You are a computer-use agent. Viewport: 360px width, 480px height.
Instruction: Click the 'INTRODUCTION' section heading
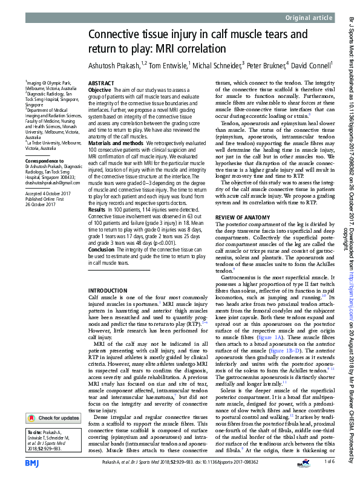[108, 291]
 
